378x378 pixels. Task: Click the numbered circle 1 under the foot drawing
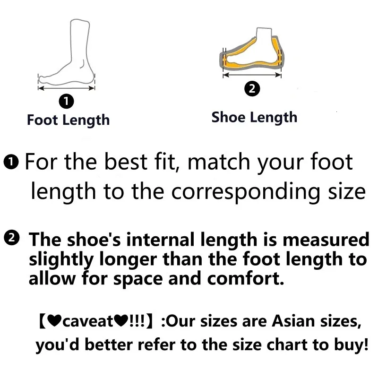coord(66,101)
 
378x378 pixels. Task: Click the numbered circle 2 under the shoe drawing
coord(252,89)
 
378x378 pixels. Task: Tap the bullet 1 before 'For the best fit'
coord(11,162)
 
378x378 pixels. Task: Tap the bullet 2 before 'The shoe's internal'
coord(11,238)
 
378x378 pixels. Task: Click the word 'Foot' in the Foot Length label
coord(43,120)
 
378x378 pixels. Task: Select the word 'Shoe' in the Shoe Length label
coord(228,117)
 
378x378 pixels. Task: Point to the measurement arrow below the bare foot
coord(66,88)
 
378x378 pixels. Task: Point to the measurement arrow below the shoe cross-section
coord(252,75)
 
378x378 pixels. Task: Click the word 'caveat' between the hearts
coord(88,321)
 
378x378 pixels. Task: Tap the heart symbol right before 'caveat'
coord(54,321)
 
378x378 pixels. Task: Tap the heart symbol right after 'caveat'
coord(121,321)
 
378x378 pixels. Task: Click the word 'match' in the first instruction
coord(219,162)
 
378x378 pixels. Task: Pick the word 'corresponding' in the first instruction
coord(246,192)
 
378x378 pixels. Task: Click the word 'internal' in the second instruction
coord(160,240)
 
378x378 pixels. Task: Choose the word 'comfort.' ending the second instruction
coord(246,278)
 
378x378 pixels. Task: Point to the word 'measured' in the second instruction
coord(326,240)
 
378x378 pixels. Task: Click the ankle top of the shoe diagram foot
coord(264,29)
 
